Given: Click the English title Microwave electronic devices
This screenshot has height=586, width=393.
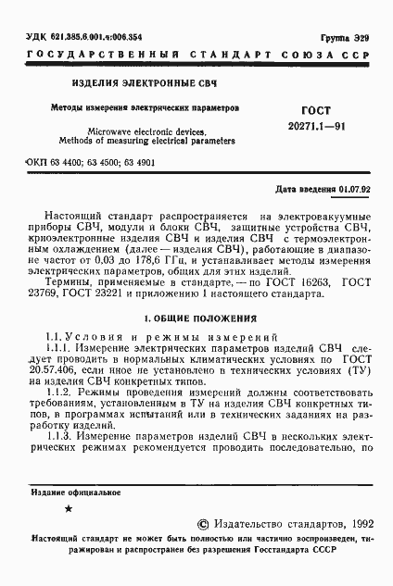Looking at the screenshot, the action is pos(125,131).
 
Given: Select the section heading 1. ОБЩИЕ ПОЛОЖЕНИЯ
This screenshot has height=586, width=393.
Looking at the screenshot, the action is pos(196,317).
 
